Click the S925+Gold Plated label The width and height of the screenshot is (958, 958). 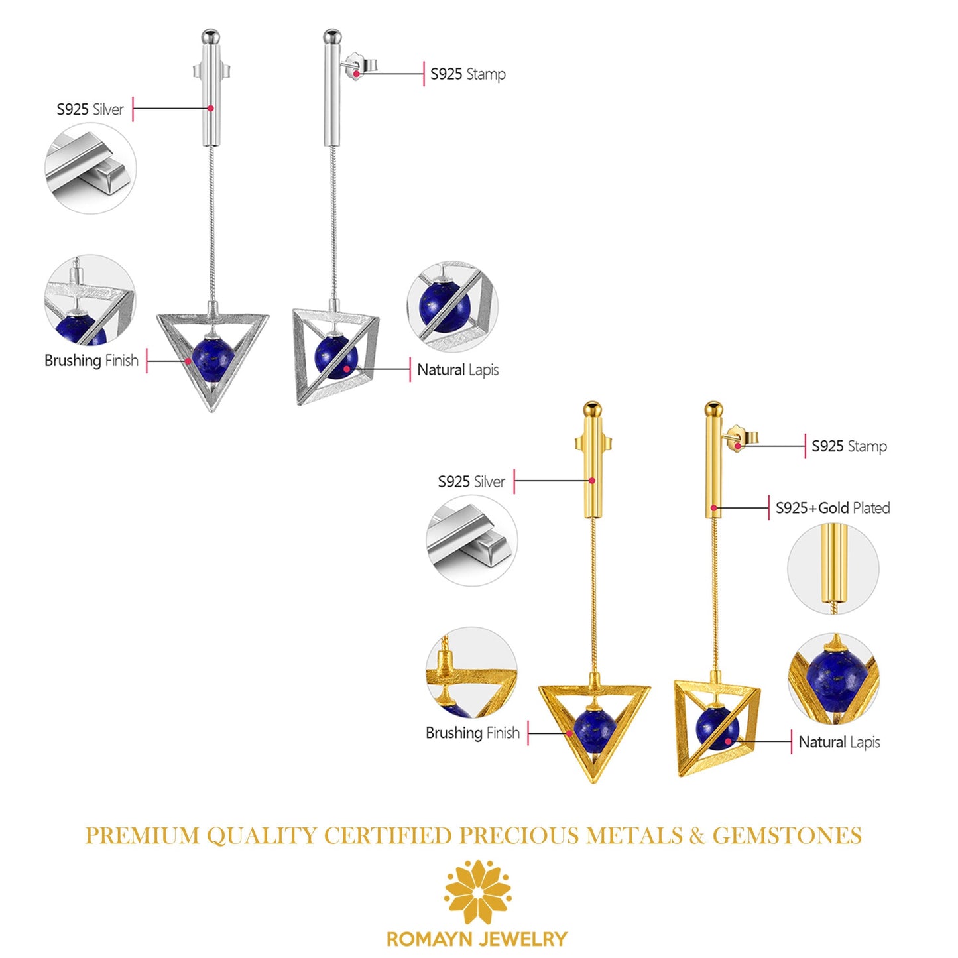pyautogui.click(x=833, y=508)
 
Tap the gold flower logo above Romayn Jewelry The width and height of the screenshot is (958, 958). pyautogui.click(x=477, y=892)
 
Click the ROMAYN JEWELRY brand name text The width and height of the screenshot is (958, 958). pyautogui.click(x=477, y=939)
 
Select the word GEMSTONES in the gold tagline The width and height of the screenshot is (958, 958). pyautogui.click(x=787, y=835)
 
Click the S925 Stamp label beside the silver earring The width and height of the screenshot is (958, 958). pyautogui.click(x=467, y=74)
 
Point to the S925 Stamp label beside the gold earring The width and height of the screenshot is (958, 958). pyautogui.click(x=849, y=446)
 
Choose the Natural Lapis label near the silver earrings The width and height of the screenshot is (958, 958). pyautogui.click(x=457, y=369)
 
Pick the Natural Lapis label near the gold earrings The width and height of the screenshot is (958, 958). pyautogui.click(x=839, y=742)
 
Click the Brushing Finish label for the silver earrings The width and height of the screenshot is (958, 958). pyautogui.click(x=91, y=361)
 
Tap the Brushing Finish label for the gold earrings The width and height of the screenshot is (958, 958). pyautogui.click(x=473, y=733)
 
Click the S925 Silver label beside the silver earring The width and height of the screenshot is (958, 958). pyautogui.click(x=90, y=109)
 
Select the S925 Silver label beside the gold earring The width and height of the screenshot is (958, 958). pyautogui.click(x=471, y=481)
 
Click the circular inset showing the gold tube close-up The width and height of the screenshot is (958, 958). pyautogui.click(x=833, y=569)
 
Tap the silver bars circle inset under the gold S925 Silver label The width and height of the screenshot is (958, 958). pyautogui.click(x=471, y=540)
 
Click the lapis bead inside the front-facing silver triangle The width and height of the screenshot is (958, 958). pyautogui.click(x=213, y=359)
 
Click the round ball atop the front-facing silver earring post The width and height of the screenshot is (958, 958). pyautogui.click(x=211, y=34)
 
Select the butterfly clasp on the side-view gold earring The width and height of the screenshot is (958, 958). pyautogui.click(x=741, y=437)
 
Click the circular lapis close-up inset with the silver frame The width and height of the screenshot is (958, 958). pyautogui.click(x=451, y=306)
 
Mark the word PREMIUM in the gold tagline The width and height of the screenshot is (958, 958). pyautogui.click(x=142, y=835)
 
